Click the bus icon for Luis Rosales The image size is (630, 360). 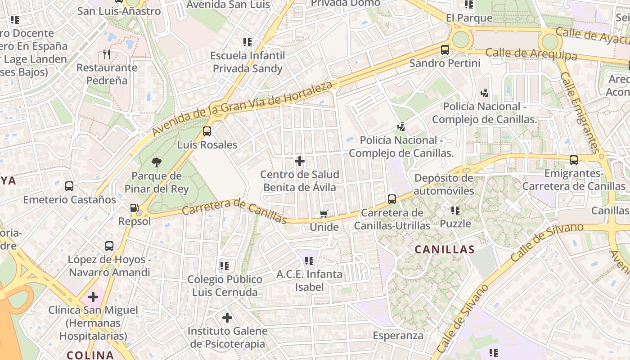pos(207,131)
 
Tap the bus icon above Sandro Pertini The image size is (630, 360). pos(445,50)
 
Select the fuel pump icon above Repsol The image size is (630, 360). pos(134,208)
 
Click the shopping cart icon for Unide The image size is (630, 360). pos(324,214)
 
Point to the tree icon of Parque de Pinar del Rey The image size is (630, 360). pos(157,162)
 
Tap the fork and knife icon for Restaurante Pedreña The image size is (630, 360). pos(107,54)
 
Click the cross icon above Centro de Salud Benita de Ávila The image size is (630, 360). pos(300,161)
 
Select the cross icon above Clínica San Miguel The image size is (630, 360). pos(93,297)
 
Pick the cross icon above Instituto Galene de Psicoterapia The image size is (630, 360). pos(227,318)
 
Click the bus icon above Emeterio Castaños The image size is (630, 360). pos(69,186)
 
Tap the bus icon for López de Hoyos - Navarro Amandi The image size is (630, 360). pos(109,246)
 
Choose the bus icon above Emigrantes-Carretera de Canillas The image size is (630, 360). pos(574,160)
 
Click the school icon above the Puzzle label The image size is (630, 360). pos(455,210)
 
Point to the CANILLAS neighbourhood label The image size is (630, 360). pos(445,250)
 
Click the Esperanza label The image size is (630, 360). pos(398,336)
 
